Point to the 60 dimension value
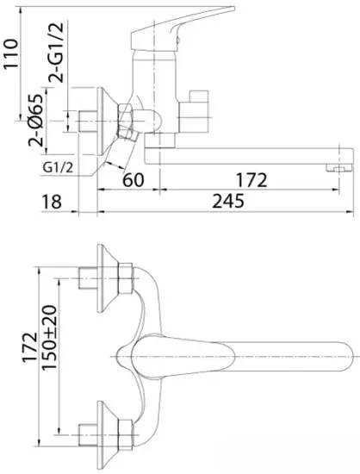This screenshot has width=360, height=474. coord(132,180)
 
